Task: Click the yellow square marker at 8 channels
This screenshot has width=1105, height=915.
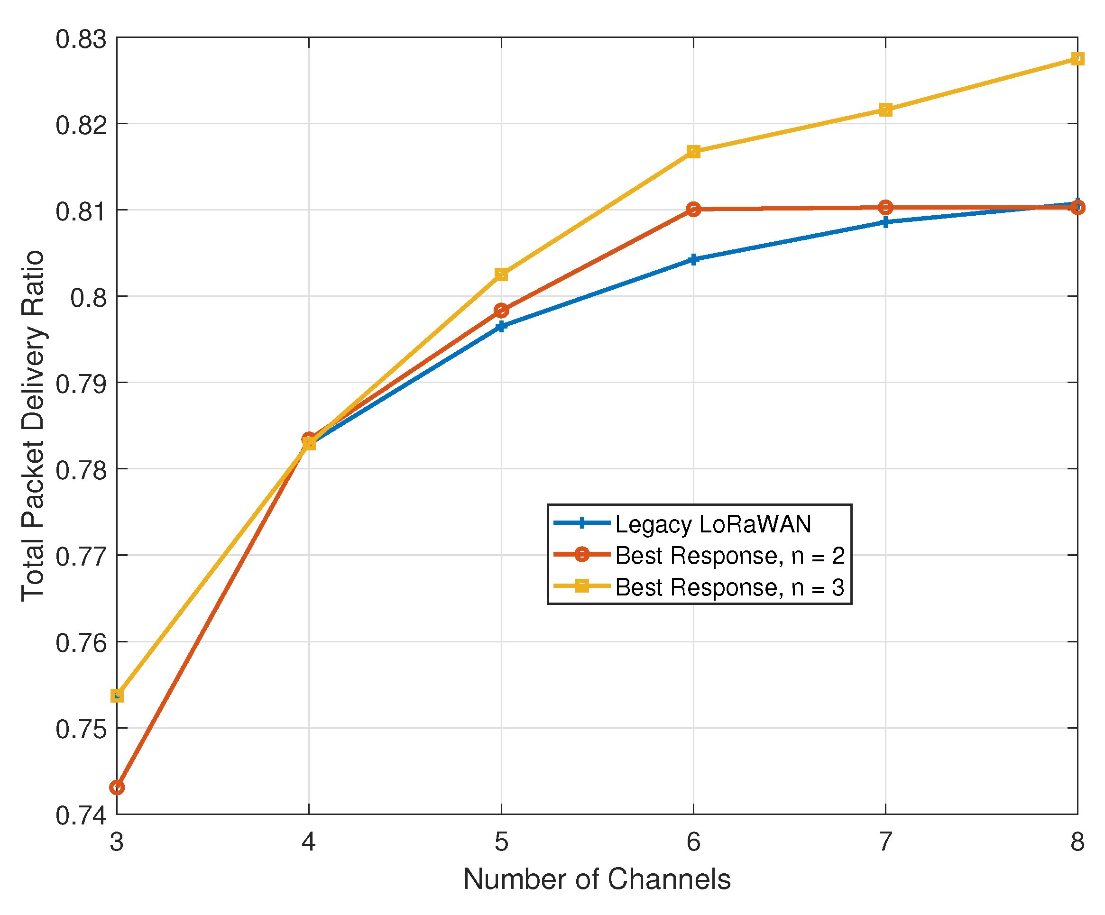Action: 1077,58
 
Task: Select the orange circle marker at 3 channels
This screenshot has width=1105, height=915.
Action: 117,787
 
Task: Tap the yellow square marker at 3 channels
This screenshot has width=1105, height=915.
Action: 117,696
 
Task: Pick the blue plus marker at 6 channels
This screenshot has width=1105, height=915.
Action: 693,259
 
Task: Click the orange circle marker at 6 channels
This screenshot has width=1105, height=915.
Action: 693,210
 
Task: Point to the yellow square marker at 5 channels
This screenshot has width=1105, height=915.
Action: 501,274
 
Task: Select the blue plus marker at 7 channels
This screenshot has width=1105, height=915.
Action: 885,222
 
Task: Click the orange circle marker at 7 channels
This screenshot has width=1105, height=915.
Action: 885,207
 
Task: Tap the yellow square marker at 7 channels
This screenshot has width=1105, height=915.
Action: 885,110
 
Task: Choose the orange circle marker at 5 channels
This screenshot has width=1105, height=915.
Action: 501,311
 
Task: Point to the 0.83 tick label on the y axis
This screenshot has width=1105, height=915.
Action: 81,39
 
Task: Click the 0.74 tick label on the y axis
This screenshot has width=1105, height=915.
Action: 81,815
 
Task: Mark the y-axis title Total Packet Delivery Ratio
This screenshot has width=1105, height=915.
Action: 33,426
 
